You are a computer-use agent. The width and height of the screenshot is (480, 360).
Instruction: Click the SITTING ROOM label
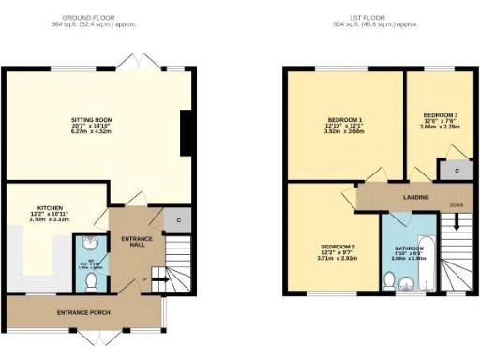coord(92,120)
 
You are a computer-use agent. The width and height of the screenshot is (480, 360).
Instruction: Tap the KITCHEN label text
coord(49,207)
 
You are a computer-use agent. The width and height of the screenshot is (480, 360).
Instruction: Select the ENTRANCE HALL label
coord(137,242)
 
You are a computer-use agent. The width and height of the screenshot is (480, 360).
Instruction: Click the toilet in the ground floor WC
coord(91,278)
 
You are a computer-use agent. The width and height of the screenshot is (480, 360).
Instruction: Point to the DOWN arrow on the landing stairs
coord(457,221)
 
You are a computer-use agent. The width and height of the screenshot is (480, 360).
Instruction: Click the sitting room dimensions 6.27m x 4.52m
coord(92,133)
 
